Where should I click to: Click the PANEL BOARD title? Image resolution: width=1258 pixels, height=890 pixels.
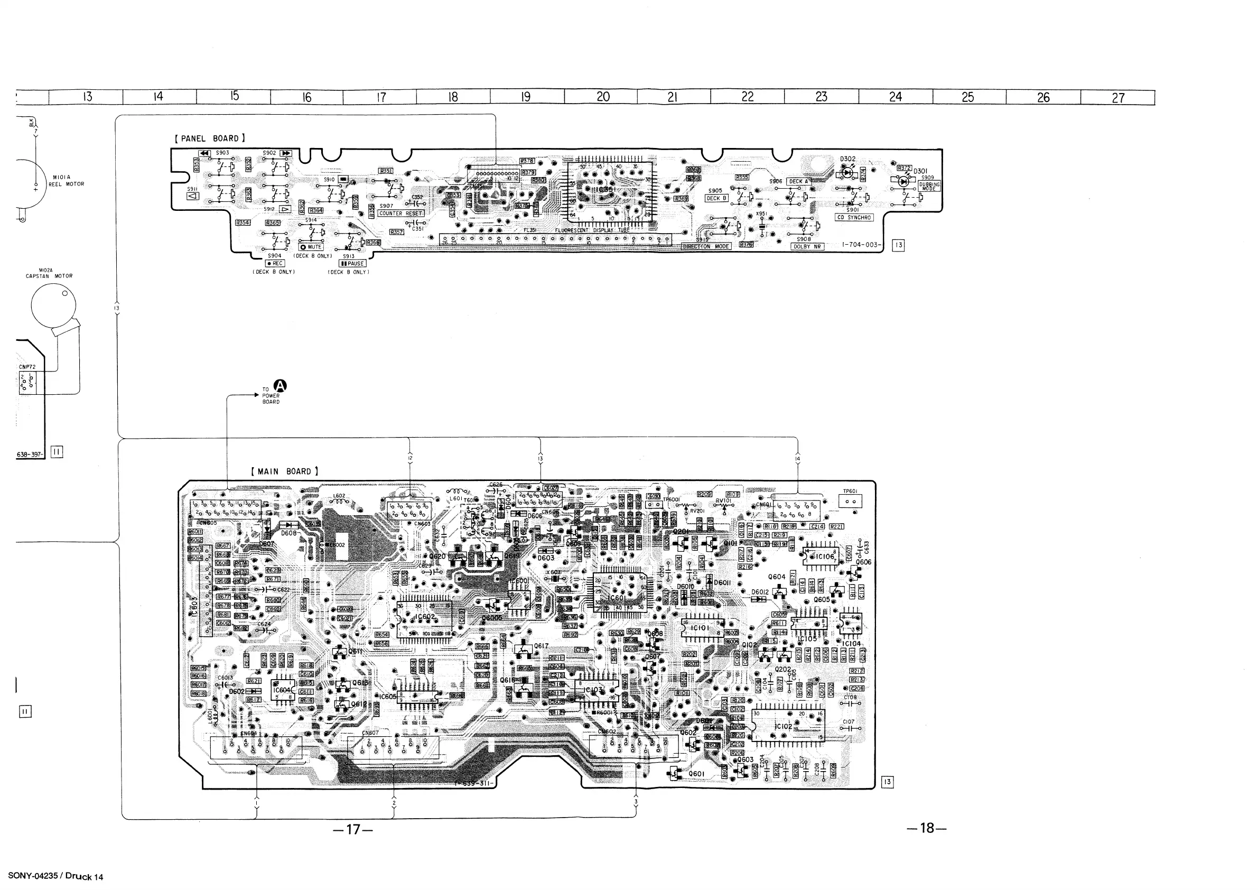[x=210, y=138]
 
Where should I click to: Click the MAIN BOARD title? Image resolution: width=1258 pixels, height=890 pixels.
[x=284, y=471]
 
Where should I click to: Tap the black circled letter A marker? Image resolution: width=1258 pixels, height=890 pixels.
[x=281, y=386]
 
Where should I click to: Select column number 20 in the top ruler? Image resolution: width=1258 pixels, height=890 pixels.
[x=603, y=97]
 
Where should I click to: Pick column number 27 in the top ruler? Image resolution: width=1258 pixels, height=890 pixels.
[x=1118, y=98]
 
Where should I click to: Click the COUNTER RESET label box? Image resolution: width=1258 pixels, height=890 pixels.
[x=401, y=213]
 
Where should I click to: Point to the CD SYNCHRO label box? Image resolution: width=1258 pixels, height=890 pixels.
[x=854, y=218]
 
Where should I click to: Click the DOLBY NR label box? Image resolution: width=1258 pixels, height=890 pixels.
[x=808, y=247]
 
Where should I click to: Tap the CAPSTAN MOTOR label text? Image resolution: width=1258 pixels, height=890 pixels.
[x=49, y=276]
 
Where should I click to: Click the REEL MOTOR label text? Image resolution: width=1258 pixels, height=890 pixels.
[x=66, y=184]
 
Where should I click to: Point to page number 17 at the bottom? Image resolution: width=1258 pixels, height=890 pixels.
[x=353, y=829]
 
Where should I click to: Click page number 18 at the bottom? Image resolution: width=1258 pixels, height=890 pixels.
[x=927, y=828]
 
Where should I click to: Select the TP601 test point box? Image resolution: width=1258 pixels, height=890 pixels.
[x=850, y=500]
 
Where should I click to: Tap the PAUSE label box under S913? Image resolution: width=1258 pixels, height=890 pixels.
[x=353, y=264]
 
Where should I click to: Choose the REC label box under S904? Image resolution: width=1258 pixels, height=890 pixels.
[x=275, y=264]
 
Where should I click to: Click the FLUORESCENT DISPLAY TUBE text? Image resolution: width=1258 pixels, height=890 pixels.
[x=592, y=231]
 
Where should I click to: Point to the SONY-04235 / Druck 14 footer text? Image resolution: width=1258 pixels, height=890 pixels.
[x=55, y=876]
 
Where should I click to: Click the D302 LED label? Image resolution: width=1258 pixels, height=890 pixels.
[x=847, y=160]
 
